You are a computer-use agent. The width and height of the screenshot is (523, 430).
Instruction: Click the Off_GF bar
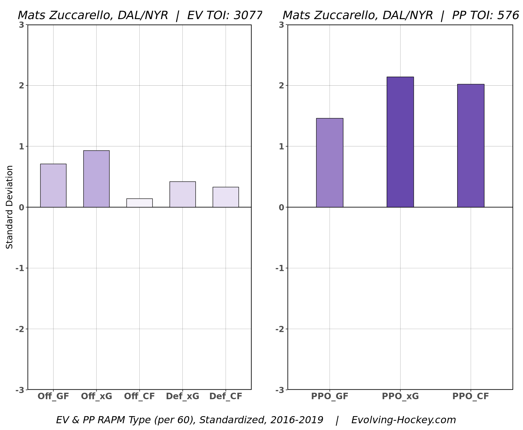coord(53,185)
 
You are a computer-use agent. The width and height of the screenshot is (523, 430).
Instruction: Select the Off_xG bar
coord(96,179)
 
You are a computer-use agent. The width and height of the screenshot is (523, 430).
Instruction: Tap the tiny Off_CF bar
coord(139,203)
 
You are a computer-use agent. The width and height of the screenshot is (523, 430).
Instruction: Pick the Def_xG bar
coord(182,194)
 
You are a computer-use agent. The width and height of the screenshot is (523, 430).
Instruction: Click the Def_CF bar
coord(226,197)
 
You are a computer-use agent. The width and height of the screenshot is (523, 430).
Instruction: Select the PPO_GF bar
coord(329,163)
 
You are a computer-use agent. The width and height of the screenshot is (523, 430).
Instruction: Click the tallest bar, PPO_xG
coord(400,142)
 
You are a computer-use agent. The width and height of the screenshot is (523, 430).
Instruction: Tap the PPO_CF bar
coord(470,146)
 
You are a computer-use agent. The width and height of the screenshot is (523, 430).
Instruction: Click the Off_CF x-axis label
coord(139,396)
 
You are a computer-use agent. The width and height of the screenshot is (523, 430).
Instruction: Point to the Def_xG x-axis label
coord(182,396)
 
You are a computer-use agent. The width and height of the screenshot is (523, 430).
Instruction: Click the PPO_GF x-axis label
coord(329,396)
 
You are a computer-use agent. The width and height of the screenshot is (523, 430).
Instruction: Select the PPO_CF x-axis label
coord(470,396)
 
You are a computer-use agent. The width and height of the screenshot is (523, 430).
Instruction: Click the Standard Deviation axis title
coord(10,207)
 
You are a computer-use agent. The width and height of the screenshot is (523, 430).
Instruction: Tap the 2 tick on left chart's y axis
coord(21,86)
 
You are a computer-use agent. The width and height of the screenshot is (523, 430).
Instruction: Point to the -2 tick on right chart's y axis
coord(279,329)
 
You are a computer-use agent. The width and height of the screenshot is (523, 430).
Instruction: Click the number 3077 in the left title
coord(248,15)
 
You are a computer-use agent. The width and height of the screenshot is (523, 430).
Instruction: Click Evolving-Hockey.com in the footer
coord(403,420)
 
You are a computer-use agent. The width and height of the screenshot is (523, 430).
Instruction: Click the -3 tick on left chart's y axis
coord(20,390)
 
